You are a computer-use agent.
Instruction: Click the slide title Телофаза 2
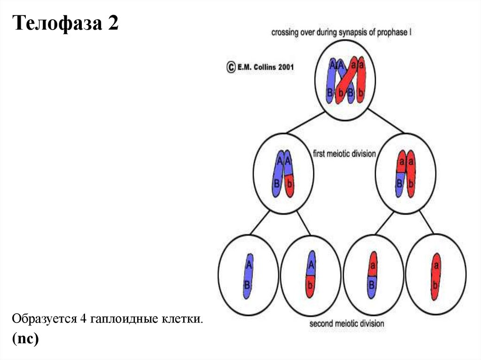66,23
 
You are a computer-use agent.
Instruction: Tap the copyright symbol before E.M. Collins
231,67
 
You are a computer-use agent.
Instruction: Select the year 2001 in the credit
286,67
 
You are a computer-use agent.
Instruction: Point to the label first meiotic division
344,153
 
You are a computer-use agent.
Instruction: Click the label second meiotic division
347,324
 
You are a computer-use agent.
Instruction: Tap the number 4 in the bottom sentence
82,319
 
